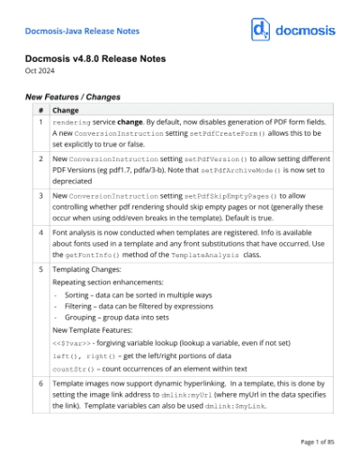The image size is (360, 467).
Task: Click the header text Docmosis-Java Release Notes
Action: tap(82, 31)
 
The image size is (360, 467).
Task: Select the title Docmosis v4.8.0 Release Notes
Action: tap(106, 60)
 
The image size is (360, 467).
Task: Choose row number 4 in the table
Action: tap(40, 232)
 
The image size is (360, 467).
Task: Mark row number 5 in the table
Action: tap(40, 269)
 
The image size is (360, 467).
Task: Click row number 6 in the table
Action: tap(40, 383)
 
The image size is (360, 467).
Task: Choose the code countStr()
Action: tap(73, 369)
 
